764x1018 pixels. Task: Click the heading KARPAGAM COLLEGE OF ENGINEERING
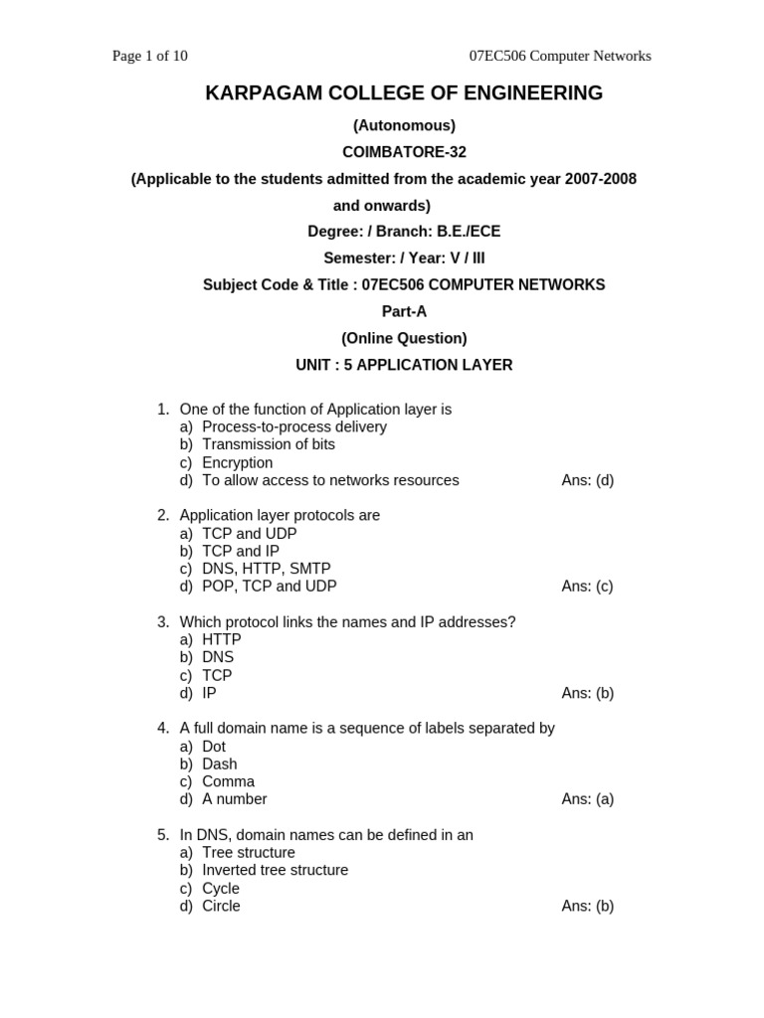(x=404, y=93)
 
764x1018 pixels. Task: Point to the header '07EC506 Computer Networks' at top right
(x=560, y=56)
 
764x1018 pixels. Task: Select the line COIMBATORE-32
(x=404, y=152)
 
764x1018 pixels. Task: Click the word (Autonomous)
(x=404, y=125)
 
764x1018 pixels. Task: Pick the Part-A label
(x=404, y=311)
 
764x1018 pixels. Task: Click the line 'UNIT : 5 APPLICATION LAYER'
(x=404, y=365)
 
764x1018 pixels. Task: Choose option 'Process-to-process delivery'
(x=293, y=426)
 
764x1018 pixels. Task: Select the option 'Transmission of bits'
(x=268, y=444)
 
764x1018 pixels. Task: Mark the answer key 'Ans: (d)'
(x=587, y=480)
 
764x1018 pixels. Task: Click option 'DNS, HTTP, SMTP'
(x=266, y=569)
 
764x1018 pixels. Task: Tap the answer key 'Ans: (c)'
(x=587, y=587)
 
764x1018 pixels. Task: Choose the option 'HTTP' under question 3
(x=221, y=639)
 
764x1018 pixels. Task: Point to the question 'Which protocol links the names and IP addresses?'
(x=347, y=622)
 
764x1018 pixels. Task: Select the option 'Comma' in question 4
(x=228, y=781)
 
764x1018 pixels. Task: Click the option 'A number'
(x=234, y=799)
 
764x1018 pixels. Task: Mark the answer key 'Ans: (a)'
(x=587, y=799)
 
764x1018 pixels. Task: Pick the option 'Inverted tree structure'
(x=275, y=870)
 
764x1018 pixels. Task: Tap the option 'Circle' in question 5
(x=221, y=906)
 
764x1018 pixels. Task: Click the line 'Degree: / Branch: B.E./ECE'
(x=404, y=232)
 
